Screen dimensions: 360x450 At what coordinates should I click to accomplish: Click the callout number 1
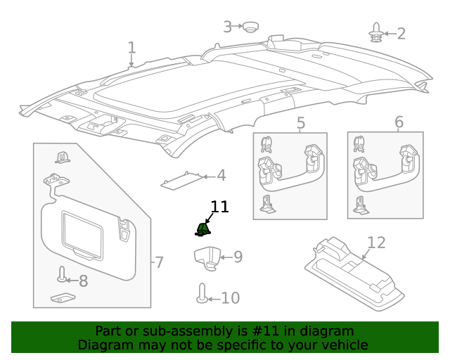click(131, 48)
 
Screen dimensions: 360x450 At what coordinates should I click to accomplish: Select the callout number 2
click(401, 33)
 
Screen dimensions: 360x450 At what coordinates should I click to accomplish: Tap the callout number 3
click(227, 27)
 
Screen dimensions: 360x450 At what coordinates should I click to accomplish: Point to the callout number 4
click(221, 176)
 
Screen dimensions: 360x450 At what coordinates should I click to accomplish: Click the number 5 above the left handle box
click(300, 124)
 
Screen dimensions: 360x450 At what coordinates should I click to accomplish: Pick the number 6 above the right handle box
click(399, 123)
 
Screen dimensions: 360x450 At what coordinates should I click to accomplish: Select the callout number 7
click(160, 262)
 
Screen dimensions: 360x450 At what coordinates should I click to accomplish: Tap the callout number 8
click(83, 281)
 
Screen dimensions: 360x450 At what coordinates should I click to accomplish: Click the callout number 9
click(238, 257)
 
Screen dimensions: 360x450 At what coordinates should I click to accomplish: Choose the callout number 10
click(230, 298)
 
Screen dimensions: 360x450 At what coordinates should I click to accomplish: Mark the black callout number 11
click(219, 207)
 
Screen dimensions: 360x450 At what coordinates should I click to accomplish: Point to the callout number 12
click(376, 243)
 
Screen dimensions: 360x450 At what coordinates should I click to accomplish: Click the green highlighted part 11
click(202, 229)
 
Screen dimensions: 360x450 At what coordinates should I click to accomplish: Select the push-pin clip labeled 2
click(376, 32)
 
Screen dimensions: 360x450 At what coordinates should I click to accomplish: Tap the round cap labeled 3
click(250, 27)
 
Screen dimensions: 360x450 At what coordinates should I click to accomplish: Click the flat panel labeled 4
click(183, 181)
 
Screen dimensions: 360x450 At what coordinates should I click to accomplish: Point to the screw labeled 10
click(202, 294)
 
